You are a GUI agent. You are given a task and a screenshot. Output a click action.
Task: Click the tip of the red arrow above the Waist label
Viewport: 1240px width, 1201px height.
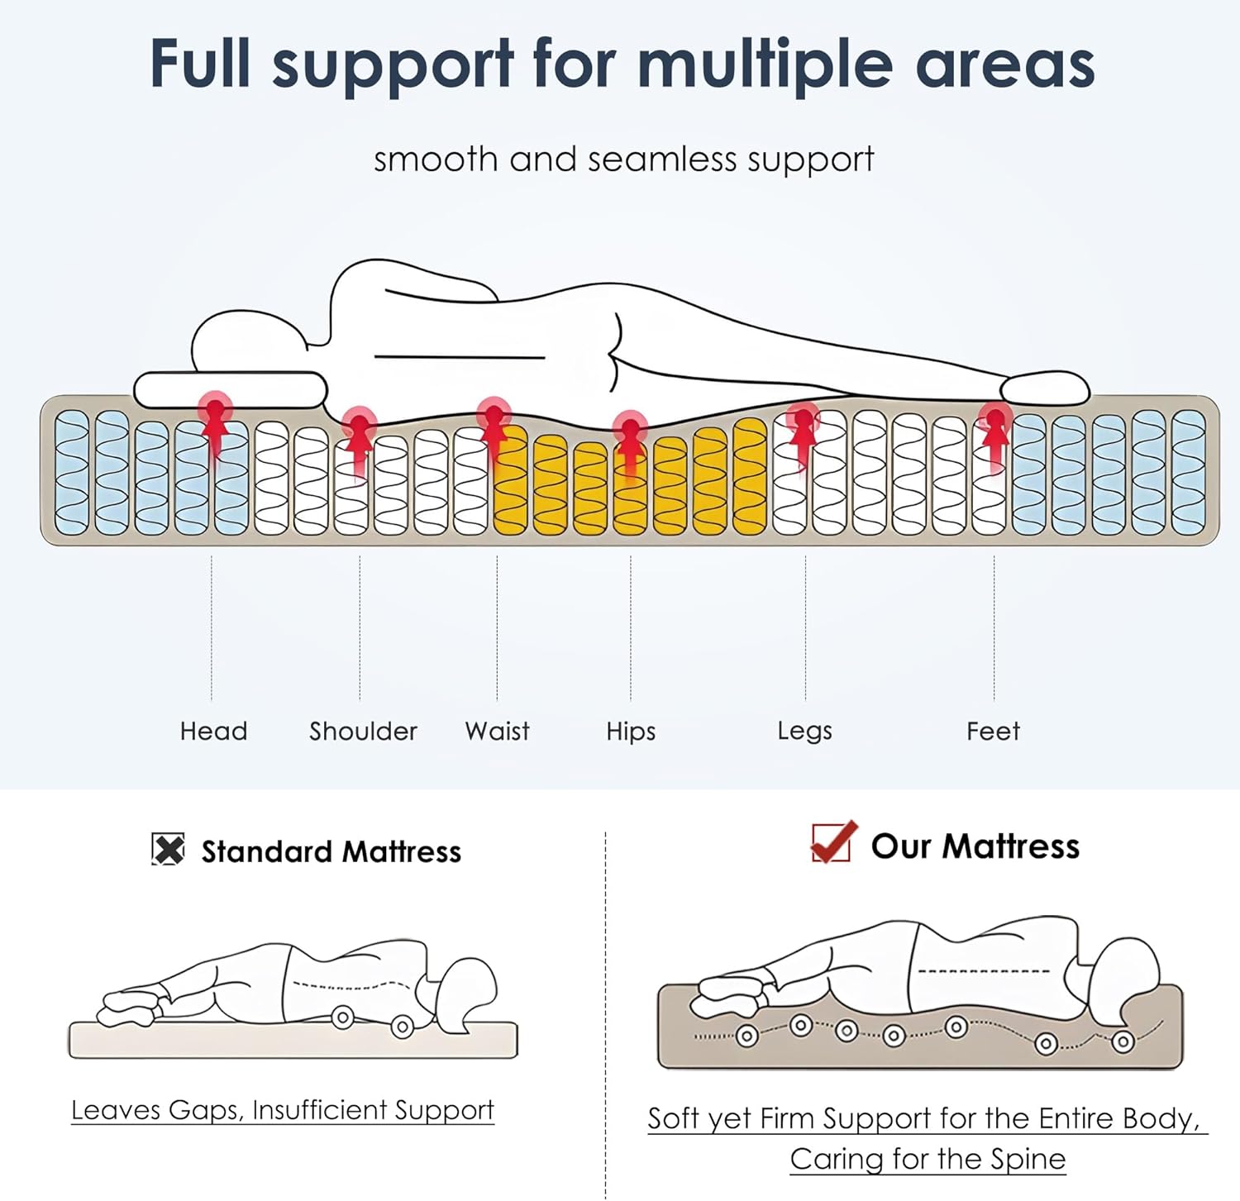click(x=494, y=407)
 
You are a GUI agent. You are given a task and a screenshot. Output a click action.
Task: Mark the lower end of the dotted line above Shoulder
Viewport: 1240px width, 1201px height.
click(x=360, y=699)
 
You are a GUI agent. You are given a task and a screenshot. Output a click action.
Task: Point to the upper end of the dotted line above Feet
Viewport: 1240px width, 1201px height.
click(x=994, y=555)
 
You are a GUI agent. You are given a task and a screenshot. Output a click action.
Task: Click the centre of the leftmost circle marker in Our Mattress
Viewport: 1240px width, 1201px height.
click(x=747, y=1036)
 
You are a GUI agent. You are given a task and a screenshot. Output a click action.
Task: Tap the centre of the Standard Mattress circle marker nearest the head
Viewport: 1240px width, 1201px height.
click(x=403, y=1027)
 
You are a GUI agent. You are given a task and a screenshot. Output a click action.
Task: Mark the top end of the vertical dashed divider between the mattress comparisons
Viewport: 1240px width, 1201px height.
click(x=605, y=832)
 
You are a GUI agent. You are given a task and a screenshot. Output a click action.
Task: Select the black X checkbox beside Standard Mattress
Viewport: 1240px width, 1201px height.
click(x=168, y=849)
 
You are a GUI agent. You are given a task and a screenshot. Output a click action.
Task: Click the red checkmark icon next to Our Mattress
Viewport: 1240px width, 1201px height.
click(x=833, y=841)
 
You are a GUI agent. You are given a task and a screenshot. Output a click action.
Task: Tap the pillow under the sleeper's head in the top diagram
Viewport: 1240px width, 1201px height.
click(x=231, y=389)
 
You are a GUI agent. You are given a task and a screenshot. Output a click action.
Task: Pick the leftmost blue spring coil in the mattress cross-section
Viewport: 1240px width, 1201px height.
click(x=72, y=472)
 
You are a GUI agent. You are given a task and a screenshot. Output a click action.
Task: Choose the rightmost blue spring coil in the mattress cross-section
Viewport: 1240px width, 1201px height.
click(x=1189, y=472)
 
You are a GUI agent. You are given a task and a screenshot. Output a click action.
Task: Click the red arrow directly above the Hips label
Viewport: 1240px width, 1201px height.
click(x=631, y=446)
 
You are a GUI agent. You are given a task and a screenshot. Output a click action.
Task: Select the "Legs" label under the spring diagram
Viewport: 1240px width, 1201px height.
click(x=804, y=732)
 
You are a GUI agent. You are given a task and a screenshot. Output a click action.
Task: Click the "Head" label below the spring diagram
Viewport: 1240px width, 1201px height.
click(x=213, y=732)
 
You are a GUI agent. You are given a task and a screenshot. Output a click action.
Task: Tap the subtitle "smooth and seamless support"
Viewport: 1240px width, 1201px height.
click(x=623, y=160)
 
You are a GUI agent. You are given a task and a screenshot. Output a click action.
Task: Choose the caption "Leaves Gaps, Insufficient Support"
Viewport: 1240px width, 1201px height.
click(x=283, y=1110)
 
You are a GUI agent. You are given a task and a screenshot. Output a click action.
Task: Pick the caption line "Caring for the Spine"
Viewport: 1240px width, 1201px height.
click(x=928, y=1159)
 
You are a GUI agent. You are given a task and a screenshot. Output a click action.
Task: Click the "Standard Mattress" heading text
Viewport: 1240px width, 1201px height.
click(x=331, y=851)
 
